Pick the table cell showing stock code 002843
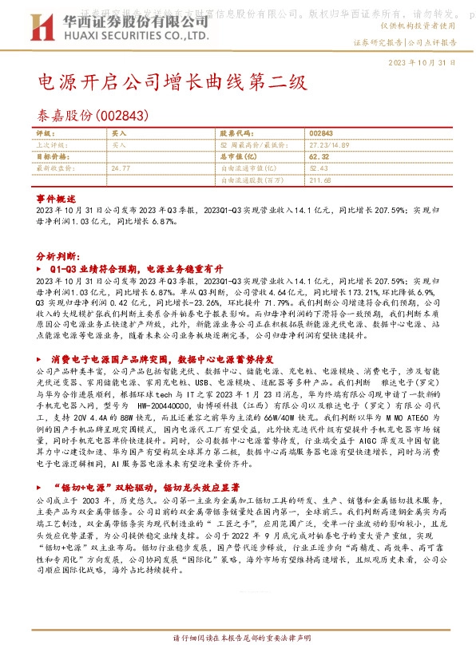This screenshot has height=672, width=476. [320, 134]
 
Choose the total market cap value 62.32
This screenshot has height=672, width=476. [318, 157]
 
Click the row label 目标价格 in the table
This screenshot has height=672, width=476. [50, 157]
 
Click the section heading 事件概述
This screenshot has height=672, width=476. [56, 197]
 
